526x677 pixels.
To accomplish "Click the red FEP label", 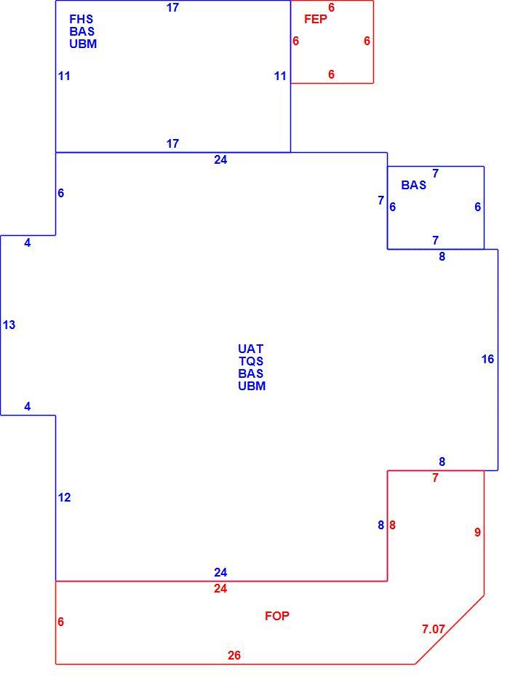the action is pos(316,19).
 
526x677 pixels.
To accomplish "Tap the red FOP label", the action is pos(277,616).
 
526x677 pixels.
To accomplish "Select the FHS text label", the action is pos(81,19).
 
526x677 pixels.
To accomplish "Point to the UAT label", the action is pos(251,349).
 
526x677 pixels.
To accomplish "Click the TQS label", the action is pos(251,361).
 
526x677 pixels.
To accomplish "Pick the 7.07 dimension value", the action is pos(433,629).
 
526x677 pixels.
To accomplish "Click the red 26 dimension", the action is pos(234,655).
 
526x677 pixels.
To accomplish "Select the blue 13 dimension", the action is pos(9,325).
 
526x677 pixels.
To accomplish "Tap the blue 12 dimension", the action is pos(64,497).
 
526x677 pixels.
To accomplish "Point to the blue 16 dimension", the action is pos(487,359).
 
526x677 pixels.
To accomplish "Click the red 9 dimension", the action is pos(477,532).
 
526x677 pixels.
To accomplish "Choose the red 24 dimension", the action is pos(220,588).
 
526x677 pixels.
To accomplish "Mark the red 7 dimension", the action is pos(435,478).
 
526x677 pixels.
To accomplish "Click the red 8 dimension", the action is pos(392,525).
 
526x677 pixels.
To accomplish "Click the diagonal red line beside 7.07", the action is pos(450,630).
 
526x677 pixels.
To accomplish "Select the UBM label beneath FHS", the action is pos(83,44).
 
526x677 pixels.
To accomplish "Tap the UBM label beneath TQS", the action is pos(252,386).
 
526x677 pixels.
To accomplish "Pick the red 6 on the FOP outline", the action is pos(61,622).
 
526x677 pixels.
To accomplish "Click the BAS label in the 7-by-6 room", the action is pos(413,185).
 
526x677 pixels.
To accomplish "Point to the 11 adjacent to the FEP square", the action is pos(280,76).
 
